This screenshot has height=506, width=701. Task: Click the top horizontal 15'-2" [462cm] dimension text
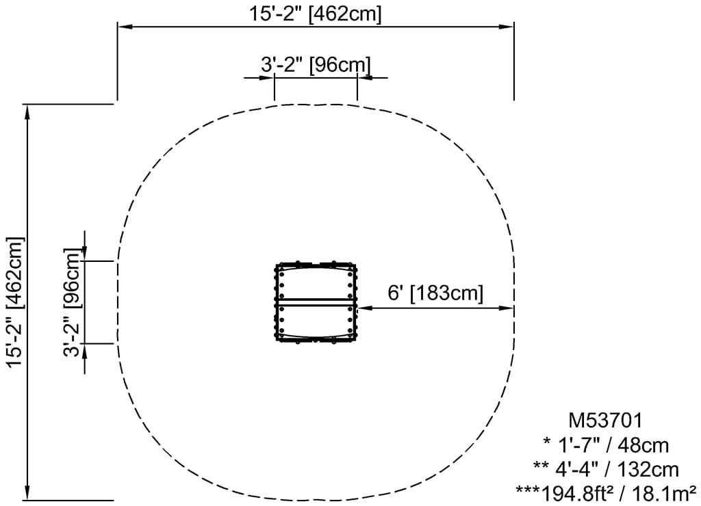pos(316,13)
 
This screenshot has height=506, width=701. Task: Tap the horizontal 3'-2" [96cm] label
pos(316,65)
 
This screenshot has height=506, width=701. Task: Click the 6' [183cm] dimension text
pos(435,293)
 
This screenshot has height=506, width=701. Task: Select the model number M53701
pos(605,421)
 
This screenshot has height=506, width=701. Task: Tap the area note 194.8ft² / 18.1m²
pos(619,494)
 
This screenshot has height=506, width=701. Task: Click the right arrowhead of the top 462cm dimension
pos(507,27)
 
